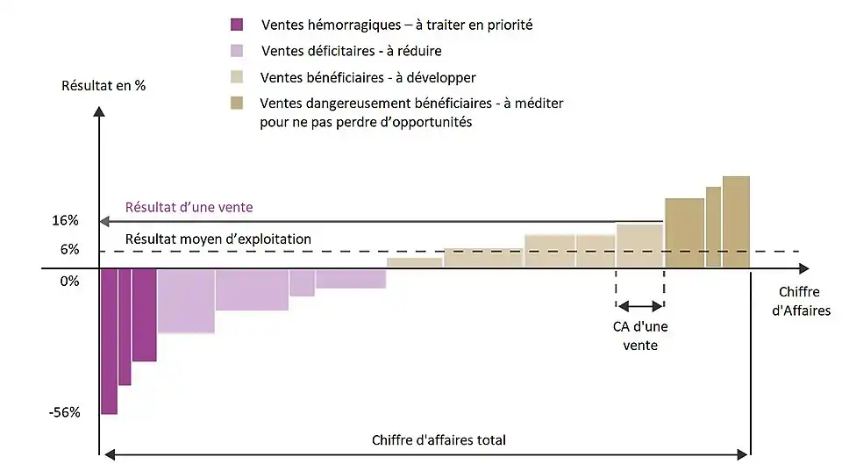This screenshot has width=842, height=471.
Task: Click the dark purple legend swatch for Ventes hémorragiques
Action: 235,25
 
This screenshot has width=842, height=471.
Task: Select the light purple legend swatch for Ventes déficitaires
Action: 235,51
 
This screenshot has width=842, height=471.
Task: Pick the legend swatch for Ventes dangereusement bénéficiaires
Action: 235,103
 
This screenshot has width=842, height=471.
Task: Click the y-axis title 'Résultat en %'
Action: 103,86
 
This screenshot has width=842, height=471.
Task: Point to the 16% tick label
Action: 66,220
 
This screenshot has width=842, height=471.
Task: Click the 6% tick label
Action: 70,250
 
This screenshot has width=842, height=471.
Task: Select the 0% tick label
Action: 70,281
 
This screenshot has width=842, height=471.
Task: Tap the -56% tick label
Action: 64,412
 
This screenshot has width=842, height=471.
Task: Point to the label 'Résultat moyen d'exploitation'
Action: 218,239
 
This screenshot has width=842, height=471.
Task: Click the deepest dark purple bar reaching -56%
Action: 109,342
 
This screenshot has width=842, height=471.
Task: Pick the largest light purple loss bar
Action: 186,301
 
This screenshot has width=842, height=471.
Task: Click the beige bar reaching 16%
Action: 639,246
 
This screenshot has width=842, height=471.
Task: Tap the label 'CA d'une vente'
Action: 640,337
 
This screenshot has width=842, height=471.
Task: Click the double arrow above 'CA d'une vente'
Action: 640,306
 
